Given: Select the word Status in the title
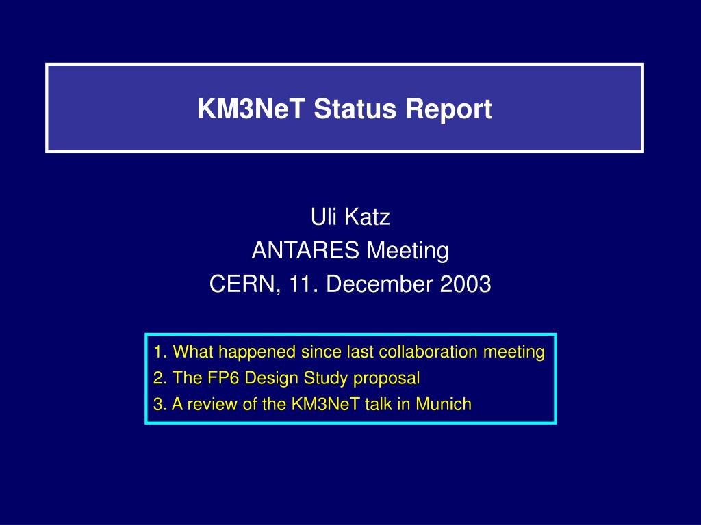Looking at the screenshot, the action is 355,109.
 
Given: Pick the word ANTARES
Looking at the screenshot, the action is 305,250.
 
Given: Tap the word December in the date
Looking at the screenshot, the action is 379,284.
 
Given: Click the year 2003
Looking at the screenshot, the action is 466,284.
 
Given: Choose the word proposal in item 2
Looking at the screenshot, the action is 386,379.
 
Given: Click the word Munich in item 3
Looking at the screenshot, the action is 444,404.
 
